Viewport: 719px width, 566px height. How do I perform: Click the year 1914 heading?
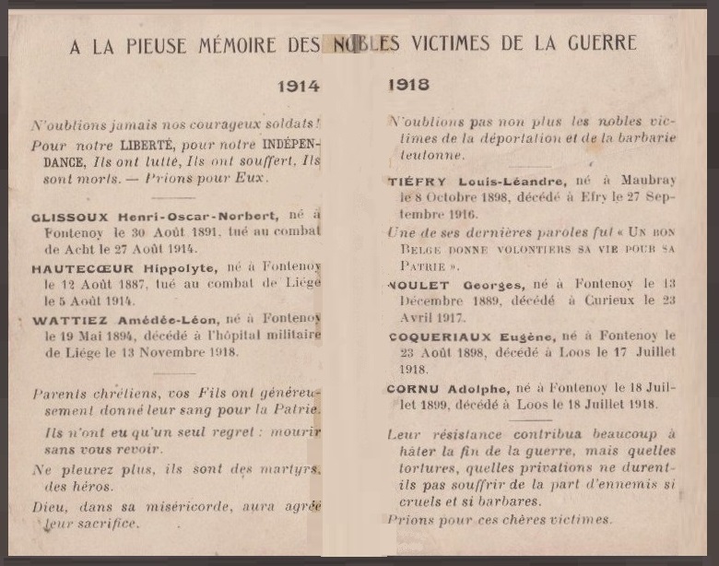[x=298, y=87]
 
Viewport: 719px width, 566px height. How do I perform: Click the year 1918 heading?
[x=408, y=85]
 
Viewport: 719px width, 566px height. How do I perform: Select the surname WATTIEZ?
[x=65, y=321]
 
